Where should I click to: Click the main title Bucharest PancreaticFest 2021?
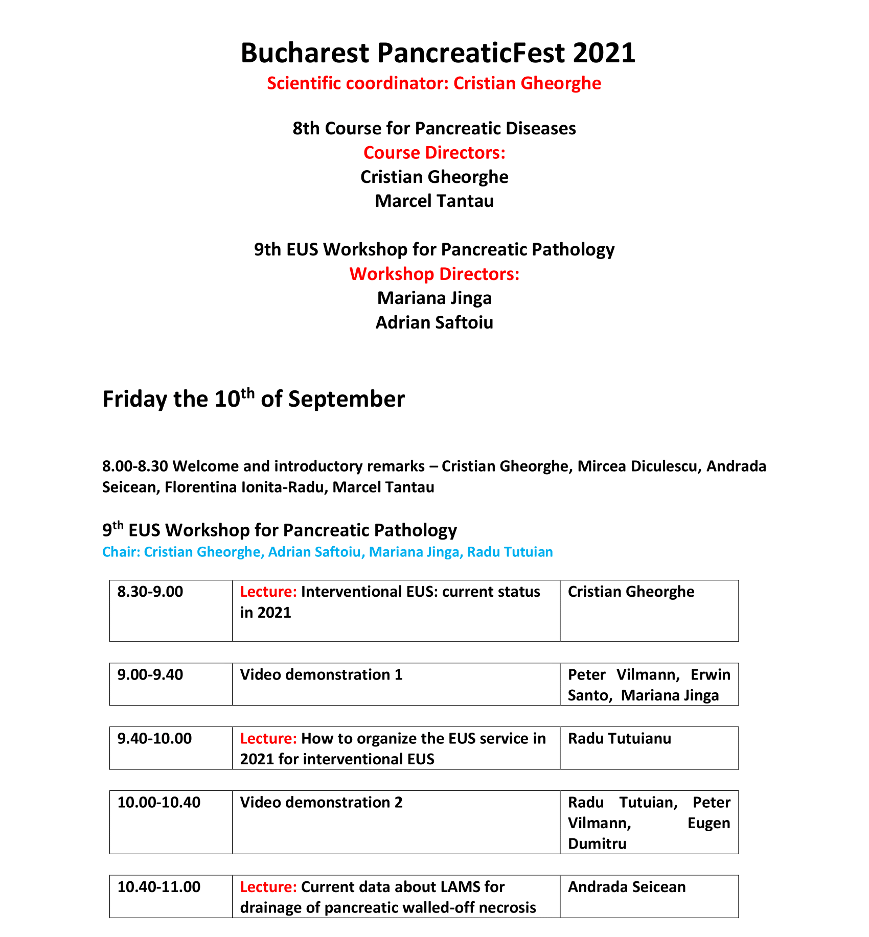[x=438, y=53]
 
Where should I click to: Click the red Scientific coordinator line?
[x=434, y=83]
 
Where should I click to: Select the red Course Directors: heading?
[x=434, y=153]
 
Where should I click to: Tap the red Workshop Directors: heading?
[x=434, y=274]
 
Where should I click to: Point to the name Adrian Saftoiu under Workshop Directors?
[x=434, y=323]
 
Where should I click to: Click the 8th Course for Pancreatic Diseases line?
[x=434, y=128]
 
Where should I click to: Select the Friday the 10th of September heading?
[x=254, y=399]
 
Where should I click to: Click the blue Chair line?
[x=327, y=552]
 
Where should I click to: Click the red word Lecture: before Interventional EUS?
[x=268, y=592]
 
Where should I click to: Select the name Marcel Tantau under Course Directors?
[x=434, y=201]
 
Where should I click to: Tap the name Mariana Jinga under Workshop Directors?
[x=434, y=298]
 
